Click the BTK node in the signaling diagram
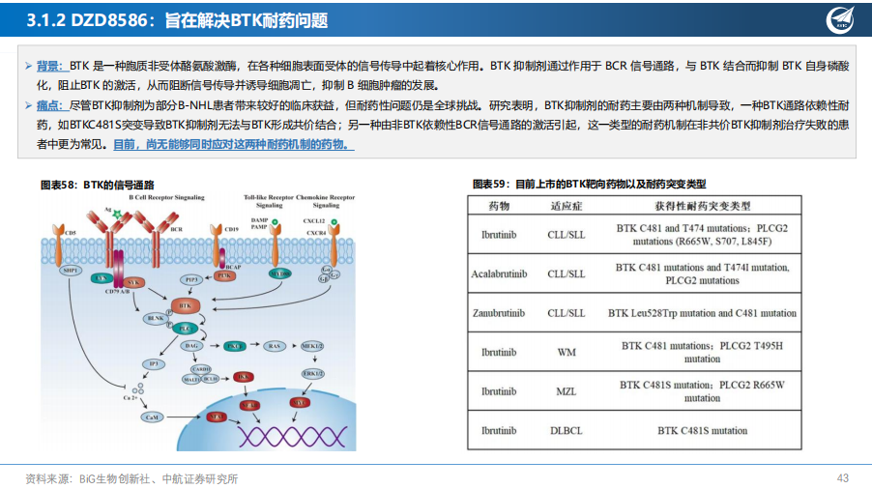(x=184, y=305)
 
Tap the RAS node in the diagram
(x=276, y=345)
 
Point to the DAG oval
(x=193, y=345)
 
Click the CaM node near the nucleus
(x=151, y=417)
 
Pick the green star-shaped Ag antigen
(x=117, y=213)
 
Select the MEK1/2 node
(x=313, y=345)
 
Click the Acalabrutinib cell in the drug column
(x=499, y=273)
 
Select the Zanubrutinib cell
(x=499, y=313)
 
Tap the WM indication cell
(x=567, y=352)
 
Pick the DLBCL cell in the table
(x=567, y=430)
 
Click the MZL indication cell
(x=567, y=391)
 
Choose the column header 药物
(x=499, y=206)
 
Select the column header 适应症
(x=567, y=206)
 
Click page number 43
(x=842, y=477)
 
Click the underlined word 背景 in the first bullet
(x=48, y=66)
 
